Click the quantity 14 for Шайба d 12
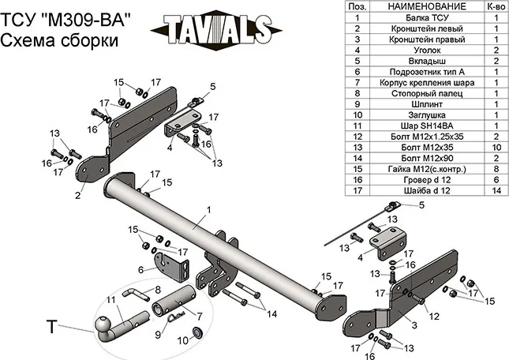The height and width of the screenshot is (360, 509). (x=496, y=190)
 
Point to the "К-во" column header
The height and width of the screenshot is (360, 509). (x=496, y=6)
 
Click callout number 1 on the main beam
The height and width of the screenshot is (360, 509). (x=208, y=210)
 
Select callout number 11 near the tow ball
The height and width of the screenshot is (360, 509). (x=110, y=299)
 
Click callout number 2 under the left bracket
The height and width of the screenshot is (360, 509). (x=78, y=195)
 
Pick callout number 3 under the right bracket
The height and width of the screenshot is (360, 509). (x=413, y=324)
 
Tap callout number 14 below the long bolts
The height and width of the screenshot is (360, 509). (x=273, y=314)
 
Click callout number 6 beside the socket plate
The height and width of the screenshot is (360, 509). (x=140, y=270)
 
